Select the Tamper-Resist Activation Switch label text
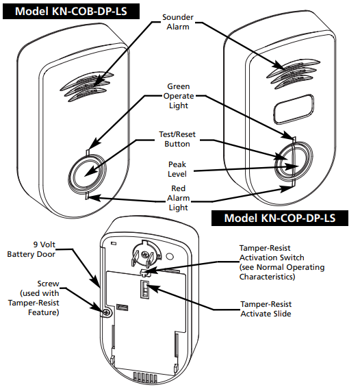(x=281, y=262)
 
